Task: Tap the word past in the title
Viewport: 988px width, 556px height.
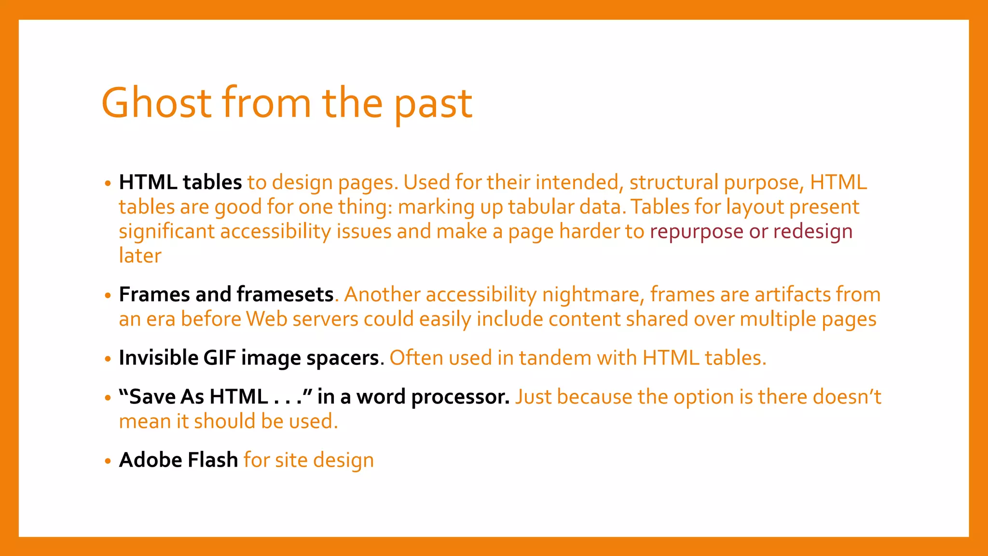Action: (x=433, y=105)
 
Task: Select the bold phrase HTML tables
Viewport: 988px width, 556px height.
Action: (x=180, y=182)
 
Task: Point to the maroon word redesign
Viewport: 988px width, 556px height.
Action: (x=813, y=232)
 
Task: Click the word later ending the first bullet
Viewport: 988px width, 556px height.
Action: (x=140, y=256)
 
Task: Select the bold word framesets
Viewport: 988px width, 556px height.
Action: (x=285, y=294)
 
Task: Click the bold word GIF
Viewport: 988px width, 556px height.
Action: (x=220, y=358)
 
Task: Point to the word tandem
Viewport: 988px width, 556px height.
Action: (x=555, y=358)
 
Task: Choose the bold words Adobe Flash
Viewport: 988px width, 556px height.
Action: (x=178, y=460)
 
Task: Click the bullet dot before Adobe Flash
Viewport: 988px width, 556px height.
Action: (x=108, y=461)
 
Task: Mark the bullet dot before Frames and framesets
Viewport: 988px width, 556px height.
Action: (x=108, y=295)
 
